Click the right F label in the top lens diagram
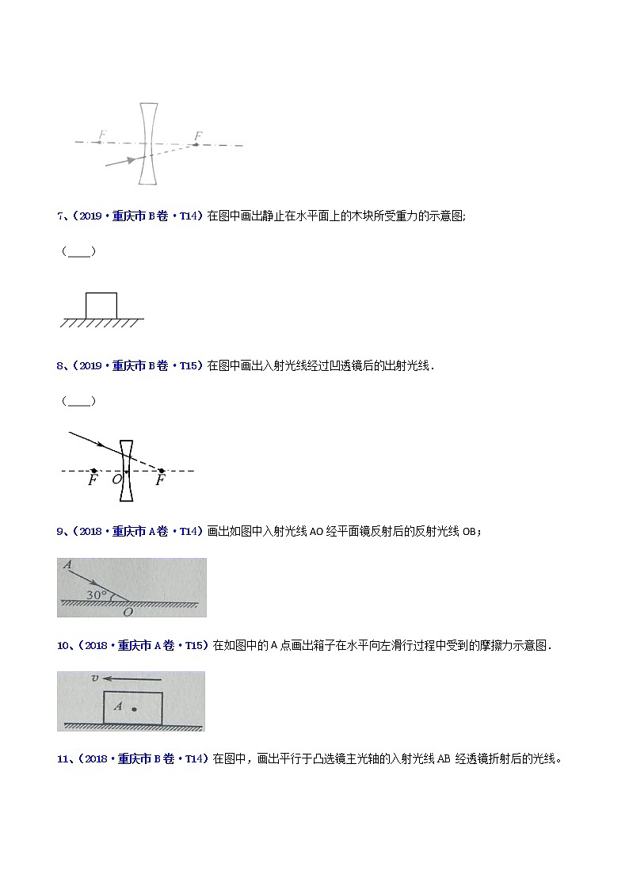click(x=198, y=136)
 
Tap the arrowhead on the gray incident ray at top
click(x=130, y=160)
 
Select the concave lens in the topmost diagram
click(x=147, y=143)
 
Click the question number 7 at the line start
click(x=60, y=216)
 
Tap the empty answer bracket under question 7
click(x=79, y=252)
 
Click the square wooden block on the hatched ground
click(x=101, y=305)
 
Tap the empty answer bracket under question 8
click(x=79, y=401)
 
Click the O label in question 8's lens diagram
click(x=116, y=480)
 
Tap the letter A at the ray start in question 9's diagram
click(x=68, y=566)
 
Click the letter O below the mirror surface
click(x=128, y=611)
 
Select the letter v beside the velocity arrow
click(x=94, y=678)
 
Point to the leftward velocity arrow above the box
click(x=135, y=679)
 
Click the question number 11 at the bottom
click(x=63, y=758)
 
